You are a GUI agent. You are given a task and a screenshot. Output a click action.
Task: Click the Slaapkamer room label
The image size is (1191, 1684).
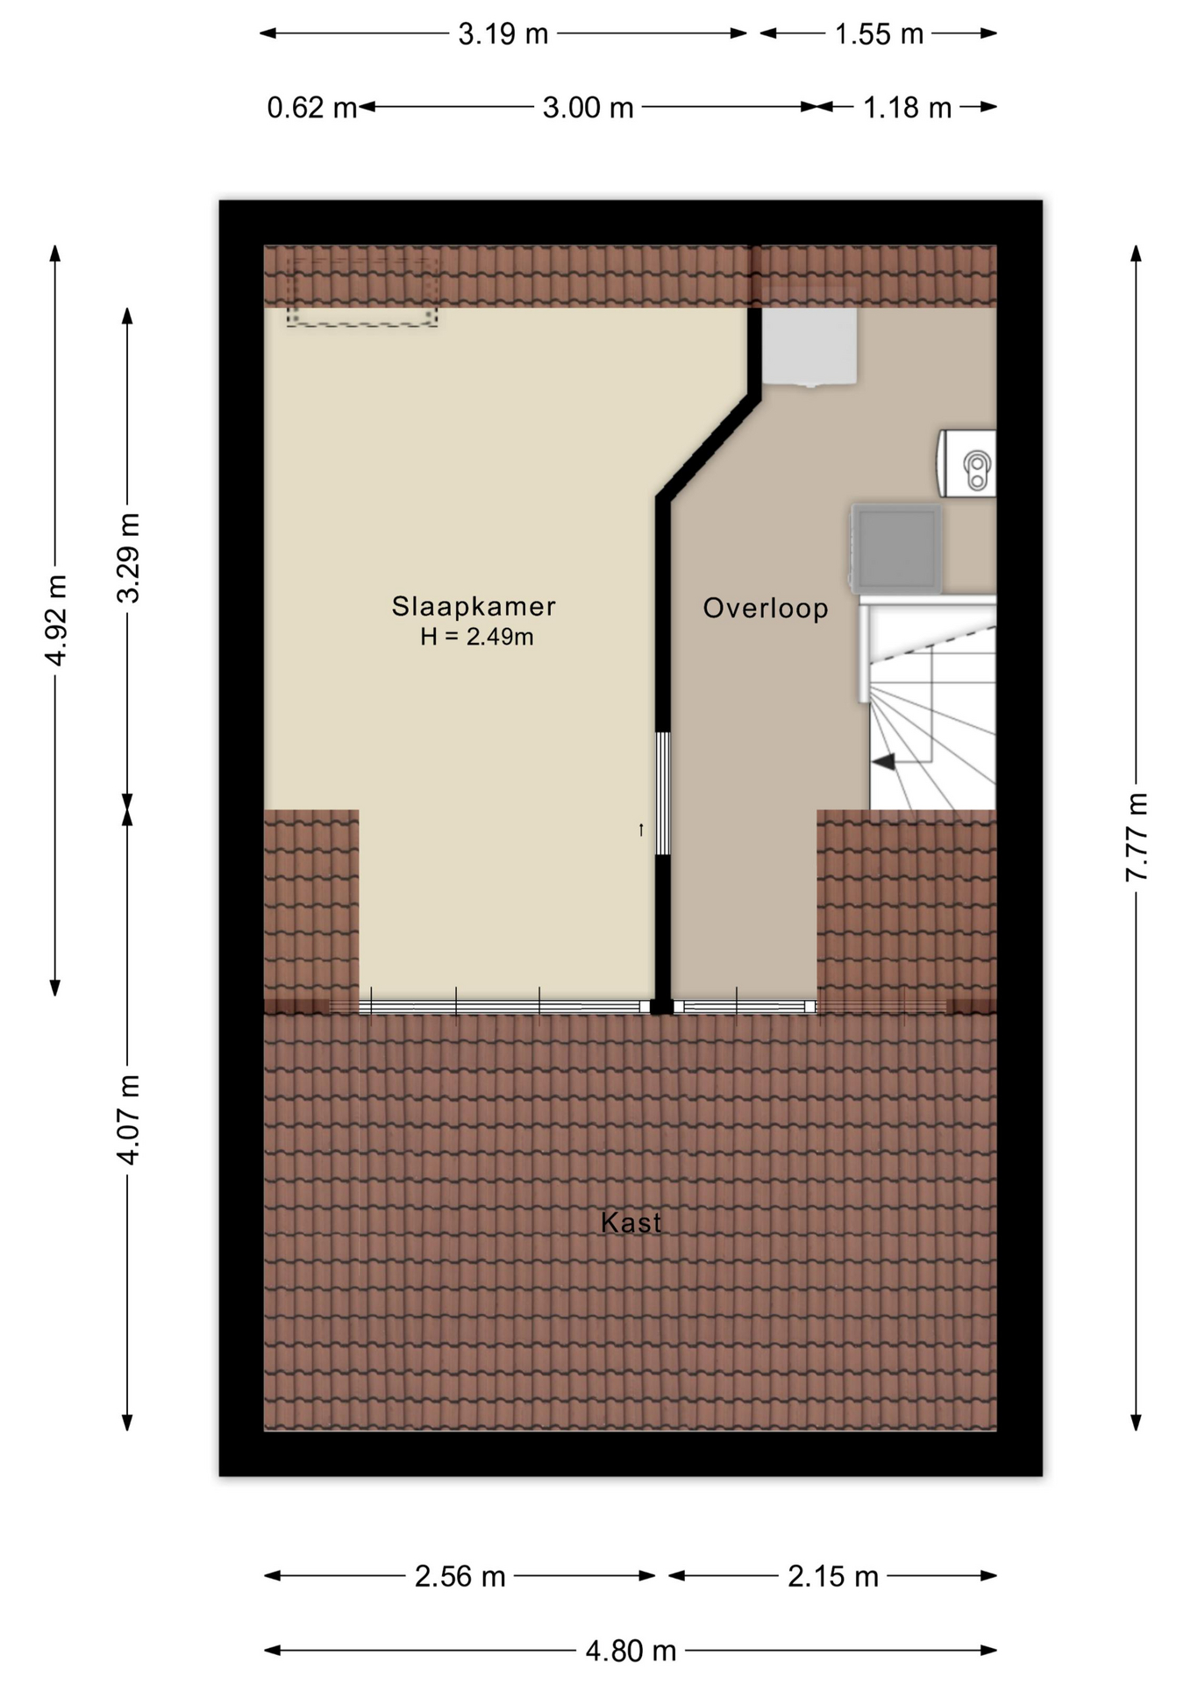(474, 606)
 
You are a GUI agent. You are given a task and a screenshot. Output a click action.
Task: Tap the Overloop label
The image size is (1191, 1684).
(766, 608)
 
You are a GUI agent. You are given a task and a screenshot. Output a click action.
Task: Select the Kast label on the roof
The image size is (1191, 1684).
(631, 1222)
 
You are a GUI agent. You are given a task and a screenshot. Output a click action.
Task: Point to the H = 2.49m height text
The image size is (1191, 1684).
(477, 637)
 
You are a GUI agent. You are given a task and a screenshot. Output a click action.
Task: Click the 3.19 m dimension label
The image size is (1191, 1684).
(503, 34)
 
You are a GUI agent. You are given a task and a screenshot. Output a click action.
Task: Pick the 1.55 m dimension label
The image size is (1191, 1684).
(879, 34)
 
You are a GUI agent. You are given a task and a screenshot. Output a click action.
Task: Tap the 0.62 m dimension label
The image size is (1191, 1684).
(312, 108)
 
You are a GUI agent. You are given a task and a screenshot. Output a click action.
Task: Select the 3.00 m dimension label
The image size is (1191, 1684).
(588, 108)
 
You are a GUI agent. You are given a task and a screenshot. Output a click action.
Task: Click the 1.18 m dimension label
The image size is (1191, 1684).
(907, 108)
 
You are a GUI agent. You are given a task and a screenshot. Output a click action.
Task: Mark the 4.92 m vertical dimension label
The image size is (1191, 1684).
(56, 620)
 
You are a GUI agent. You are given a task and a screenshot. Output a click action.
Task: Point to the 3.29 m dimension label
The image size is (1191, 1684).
(129, 558)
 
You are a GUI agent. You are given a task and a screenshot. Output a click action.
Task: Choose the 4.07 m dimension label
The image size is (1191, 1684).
(129, 1120)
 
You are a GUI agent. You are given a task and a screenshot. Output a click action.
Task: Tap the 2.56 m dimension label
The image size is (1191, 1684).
(460, 1576)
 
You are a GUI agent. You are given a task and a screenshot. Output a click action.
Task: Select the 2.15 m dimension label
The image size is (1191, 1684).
(832, 1576)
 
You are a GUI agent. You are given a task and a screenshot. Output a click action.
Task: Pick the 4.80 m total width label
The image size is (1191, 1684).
(631, 1651)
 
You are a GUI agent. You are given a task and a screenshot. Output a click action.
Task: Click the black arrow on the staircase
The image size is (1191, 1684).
(884, 761)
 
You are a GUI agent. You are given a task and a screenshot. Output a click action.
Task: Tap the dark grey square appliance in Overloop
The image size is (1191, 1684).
(895, 547)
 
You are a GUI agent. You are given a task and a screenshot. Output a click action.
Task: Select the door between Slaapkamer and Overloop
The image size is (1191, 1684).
(663, 794)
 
